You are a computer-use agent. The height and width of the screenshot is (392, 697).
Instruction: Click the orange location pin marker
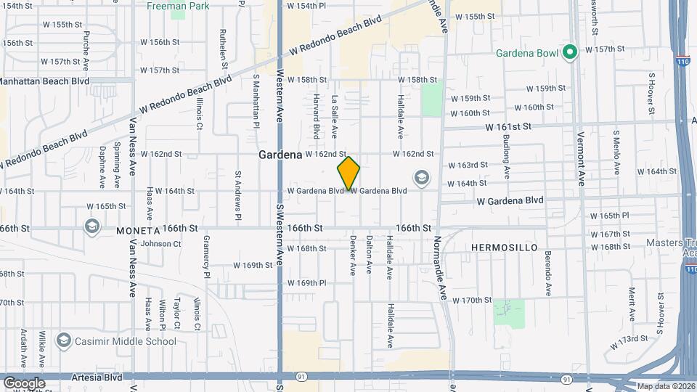348,173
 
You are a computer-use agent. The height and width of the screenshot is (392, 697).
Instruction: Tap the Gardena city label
280,155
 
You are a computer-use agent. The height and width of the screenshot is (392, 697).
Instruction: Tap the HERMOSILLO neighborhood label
504,248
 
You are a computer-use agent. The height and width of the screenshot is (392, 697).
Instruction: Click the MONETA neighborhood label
137,230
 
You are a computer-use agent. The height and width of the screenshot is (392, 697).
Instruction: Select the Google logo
24,383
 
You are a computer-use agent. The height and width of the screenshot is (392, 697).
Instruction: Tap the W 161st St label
509,126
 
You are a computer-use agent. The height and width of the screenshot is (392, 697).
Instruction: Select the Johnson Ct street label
160,244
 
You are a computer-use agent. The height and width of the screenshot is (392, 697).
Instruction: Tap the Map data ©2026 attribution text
666,386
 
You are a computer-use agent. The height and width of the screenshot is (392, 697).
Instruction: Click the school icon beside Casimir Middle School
64,340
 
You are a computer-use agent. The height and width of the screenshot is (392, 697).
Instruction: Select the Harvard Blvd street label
317,115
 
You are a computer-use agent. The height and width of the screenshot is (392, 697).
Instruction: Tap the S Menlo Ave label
616,152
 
